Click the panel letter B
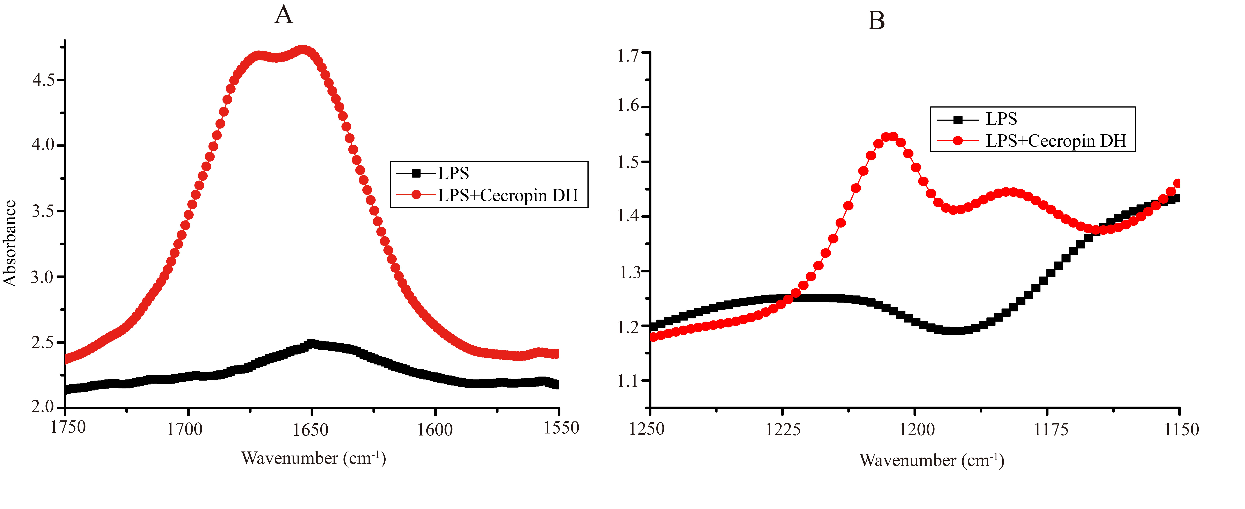click(876, 21)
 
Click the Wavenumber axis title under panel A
click(313, 458)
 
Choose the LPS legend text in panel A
click(453, 173)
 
